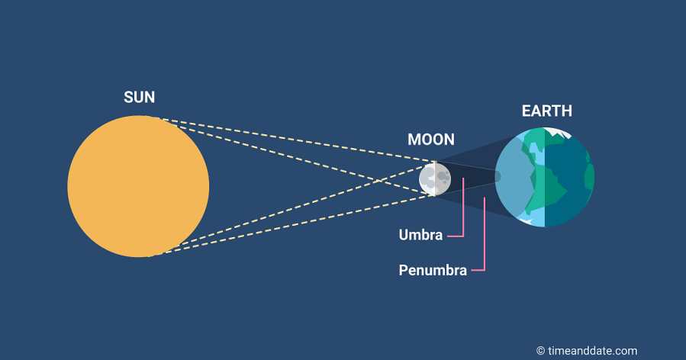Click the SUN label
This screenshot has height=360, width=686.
[x=140, y=98]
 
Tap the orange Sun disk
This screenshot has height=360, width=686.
[x=138, y=186]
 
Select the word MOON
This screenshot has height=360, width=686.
[x=431, y=140]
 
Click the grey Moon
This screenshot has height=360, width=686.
[x=435, y=179]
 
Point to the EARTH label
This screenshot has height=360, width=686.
[x=547, y=111]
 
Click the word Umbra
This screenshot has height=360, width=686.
[x=420, y=235]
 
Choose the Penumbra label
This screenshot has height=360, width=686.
[x=433, y=270]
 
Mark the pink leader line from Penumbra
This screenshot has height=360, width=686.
[x=485, y=244]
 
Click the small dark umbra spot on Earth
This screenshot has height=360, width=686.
[x=498, y=177]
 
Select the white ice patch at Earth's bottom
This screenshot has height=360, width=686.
[x=526, y=220]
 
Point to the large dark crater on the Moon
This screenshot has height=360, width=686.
[x=442, y=176]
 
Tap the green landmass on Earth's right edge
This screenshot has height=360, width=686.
[x=589, y=178]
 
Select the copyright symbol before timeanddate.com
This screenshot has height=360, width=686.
[x=540, y=351]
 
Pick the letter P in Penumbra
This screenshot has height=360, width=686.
[x=404, y=270]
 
